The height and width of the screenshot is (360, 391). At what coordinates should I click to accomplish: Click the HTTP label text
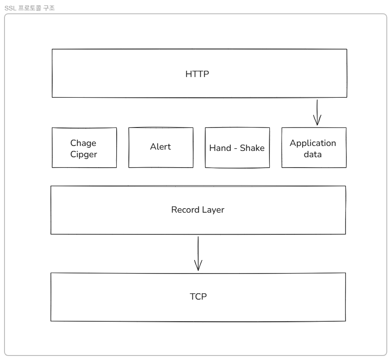[197, 74]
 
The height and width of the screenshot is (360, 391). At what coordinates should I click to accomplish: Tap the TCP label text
[198, 296]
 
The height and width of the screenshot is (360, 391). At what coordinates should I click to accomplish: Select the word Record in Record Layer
[185, 210]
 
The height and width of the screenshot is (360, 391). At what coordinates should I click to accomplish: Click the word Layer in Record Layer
[213, 210]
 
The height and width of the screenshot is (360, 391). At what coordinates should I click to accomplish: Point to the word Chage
[83, 143]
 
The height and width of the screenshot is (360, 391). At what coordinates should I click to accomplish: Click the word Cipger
[83, 155]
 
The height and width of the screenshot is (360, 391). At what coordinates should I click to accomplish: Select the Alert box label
[160, 146]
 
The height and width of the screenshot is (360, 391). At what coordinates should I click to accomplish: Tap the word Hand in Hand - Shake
[220, 148]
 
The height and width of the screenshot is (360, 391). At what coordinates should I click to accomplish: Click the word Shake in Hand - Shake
[252, 148]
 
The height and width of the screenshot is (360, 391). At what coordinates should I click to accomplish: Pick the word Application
[313, 143]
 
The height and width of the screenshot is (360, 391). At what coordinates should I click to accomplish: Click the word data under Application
[313, 154]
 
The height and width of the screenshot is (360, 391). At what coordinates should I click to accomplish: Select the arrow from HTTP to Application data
[317, 113]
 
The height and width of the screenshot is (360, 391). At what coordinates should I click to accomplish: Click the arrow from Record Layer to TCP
[198, 254]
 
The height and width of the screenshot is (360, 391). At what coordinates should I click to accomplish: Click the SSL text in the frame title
[10, 8]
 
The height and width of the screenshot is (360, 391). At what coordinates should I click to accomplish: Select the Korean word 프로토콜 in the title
[29, 8]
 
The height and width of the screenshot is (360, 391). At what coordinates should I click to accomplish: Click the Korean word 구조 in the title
[49, 8]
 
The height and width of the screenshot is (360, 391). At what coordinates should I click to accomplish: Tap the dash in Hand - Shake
[236, 148]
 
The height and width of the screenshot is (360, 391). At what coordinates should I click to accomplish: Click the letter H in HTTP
[188, 74]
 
